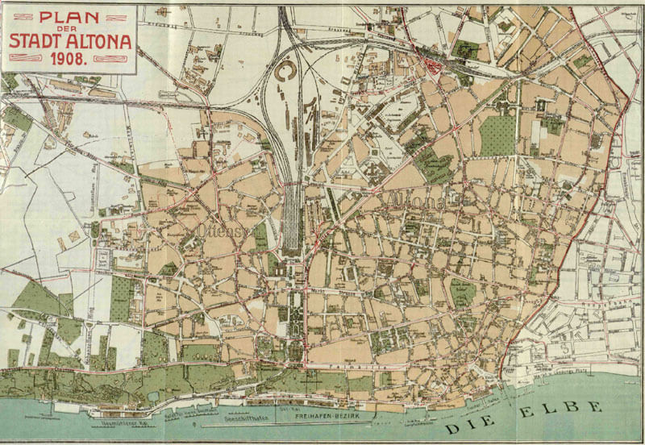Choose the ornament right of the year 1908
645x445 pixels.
point(108,60)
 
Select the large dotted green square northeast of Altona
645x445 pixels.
point(497,135)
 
